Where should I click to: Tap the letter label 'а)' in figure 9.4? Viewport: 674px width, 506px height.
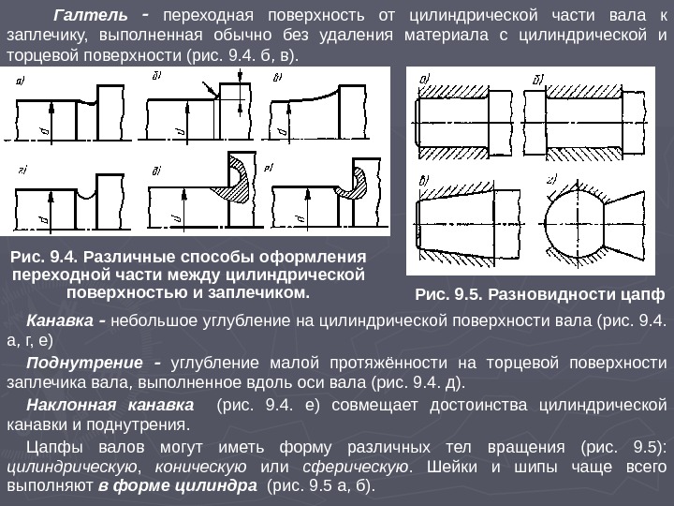[20, 81]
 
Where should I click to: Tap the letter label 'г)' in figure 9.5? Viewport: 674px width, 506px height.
[552, 180]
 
